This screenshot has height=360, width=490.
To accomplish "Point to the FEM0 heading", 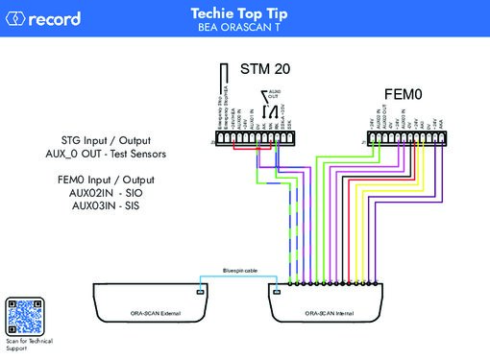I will [404, 93].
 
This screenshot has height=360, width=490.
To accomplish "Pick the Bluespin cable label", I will [239, 271].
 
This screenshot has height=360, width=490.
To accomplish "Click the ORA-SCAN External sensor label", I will [156, 313].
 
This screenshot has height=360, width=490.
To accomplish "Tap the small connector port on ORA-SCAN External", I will [201, 289].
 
